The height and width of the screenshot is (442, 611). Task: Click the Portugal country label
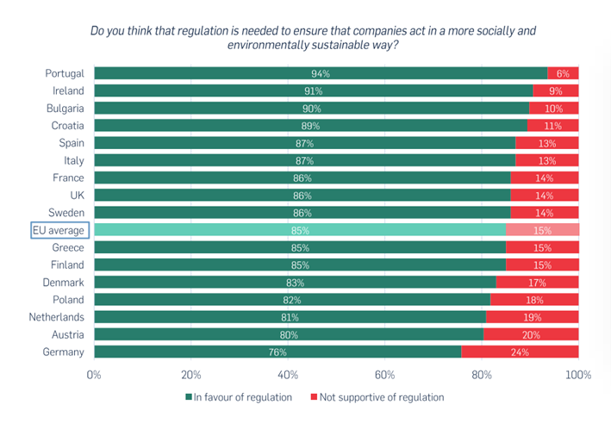[65, 73]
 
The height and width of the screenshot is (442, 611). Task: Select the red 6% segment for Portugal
[564, 73]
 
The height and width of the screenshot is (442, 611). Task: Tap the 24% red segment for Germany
[520, 352]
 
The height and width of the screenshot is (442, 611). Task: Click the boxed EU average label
[59, 230]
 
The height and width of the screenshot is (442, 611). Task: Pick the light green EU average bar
[299, 230]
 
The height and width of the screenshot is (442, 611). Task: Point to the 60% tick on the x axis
[384, 375]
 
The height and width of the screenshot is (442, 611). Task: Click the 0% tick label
[94, 375]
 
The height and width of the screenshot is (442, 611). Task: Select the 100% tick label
[577, 375]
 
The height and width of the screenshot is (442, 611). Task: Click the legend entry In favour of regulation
[239, 397]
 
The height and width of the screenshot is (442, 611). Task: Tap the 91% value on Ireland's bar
[313, 90]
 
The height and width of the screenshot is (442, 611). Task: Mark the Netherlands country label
[56, 317]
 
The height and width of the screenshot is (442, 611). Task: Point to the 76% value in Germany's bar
[277, 352]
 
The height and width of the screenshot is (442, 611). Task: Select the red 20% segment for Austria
[530, 334]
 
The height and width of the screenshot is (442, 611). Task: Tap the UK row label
[76, 196]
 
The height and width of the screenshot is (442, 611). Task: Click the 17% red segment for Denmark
[537, 283]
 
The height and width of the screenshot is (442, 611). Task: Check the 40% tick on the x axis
[288, 375]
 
